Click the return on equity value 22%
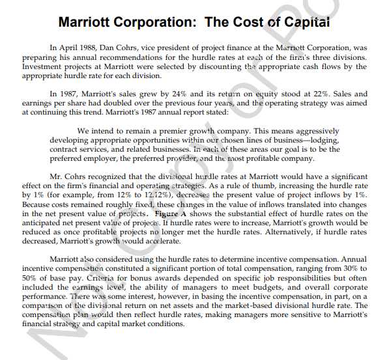pyautogui.click(x=311, y=94)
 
